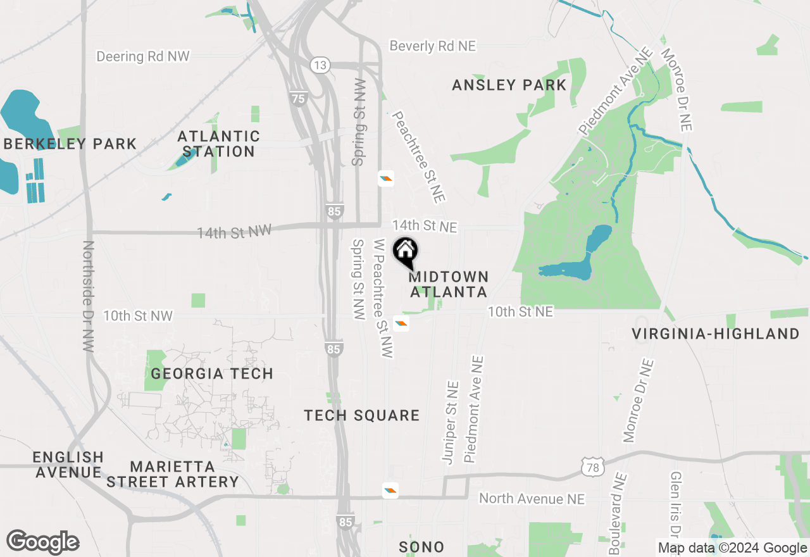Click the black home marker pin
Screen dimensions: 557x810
coord(405,252)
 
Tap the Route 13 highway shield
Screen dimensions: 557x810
coord(320,65)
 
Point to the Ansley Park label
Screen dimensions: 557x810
coord(509,85)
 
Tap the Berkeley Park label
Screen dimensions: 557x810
coord(70,144)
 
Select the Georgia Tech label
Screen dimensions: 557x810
coord(212,373)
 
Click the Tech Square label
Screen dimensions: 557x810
coord(361,415)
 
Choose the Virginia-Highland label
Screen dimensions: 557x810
coord(716,334)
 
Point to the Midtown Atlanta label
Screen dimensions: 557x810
coord(449,284)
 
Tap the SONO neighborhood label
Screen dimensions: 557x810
coord(421,547)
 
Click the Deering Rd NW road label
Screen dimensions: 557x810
coord(142,56)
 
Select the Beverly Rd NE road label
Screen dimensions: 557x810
coord(432,46)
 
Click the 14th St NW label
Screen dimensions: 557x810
coord(234,232)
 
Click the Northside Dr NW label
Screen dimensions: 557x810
coord(88,296)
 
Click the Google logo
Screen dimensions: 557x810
coord(42,542)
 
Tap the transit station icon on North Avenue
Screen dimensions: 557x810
coord(390,491)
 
